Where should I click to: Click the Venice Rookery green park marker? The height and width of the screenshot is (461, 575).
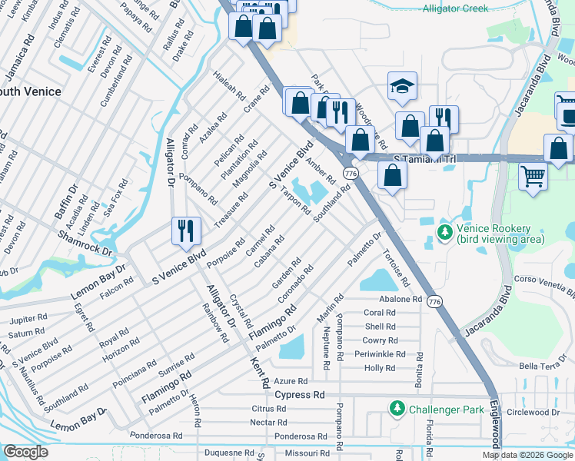444,230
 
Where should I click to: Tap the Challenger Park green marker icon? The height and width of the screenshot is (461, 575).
397,407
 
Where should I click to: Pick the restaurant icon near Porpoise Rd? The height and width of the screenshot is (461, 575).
185,230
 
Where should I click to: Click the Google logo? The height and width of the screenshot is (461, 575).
26,452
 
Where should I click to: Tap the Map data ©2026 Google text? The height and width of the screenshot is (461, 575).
527,455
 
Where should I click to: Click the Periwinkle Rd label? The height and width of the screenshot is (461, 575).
379,354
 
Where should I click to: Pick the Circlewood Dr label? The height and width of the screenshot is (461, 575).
538,412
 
